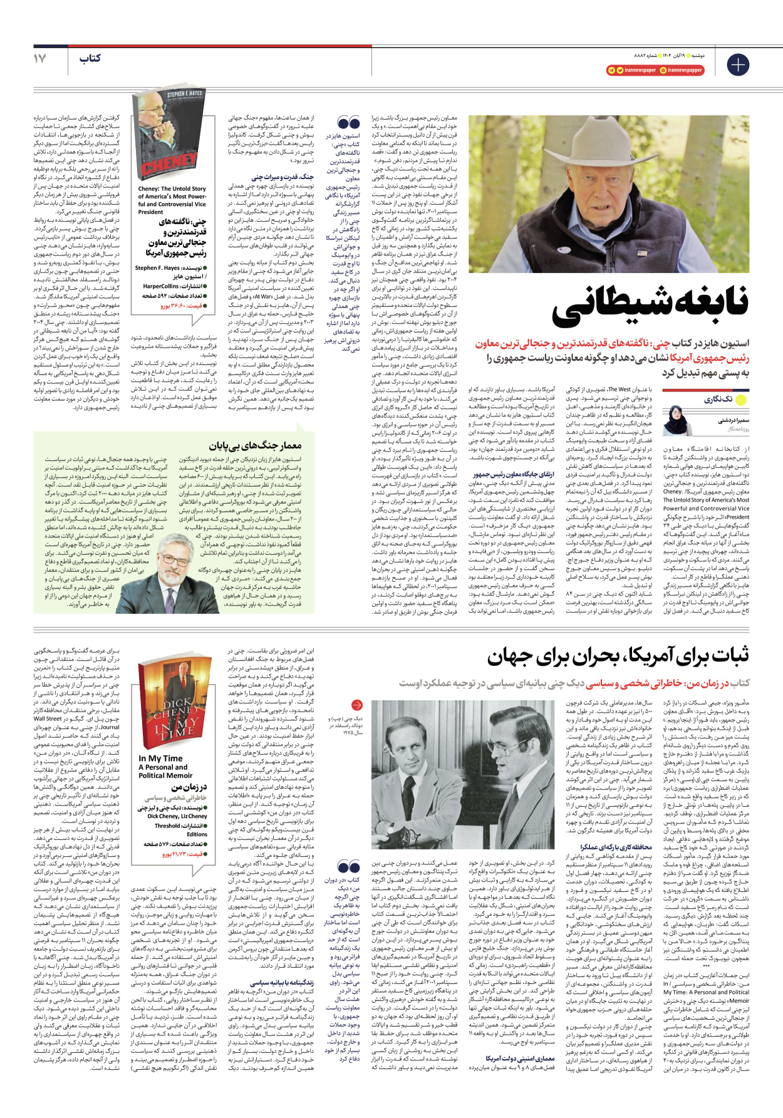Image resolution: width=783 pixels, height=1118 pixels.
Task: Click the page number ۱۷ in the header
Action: click(x=39, y=58)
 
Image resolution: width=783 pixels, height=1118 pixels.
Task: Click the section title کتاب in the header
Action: click(x=90, y=58)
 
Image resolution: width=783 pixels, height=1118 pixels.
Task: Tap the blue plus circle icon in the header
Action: click(x=737, y=65)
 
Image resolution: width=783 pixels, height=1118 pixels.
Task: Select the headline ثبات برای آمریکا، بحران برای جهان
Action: click(x=618, y=657)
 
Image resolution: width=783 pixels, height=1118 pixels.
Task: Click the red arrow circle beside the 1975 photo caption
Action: click(x=356, y=705)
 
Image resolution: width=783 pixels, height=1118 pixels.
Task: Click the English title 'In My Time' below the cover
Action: click(x=161, y=758)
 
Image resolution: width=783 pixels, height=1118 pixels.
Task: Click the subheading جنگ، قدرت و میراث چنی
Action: click(x=283, y=177)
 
